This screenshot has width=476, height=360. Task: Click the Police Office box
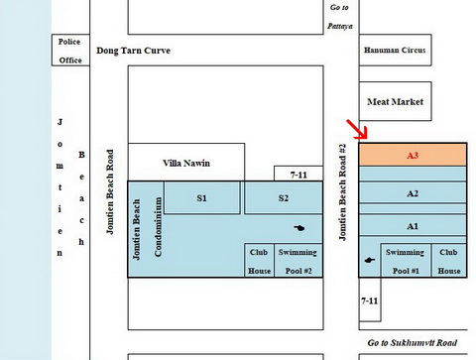tap(70, 50)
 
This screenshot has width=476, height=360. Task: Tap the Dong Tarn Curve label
tap(134, 51)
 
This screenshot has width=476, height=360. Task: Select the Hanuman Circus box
tap(396, 50)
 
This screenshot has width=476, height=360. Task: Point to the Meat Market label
tap(395, 101)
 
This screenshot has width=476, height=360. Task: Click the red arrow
tap(357, 129)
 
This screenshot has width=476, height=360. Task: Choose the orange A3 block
tap(413, 155)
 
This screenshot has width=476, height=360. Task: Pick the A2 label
tap(413, 193)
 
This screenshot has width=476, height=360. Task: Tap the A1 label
tap(413, 226)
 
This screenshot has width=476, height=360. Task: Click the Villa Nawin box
tap(186, 162)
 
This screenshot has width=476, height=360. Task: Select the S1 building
tap(202, 197)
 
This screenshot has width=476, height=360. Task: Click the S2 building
tap(284, 197)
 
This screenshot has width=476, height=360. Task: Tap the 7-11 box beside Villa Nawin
tap(298, 174)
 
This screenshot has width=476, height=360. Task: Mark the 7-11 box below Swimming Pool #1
tap(370, 300)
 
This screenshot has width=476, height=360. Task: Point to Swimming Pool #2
tap(298, 261)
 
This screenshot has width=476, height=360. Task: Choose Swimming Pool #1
tap(406, 261)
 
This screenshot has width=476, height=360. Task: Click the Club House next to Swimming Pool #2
tap(260, 261)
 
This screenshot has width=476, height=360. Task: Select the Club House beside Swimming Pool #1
tap(449, 261)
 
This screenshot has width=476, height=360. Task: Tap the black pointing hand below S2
tap(299, 228)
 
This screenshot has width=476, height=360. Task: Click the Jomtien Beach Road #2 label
tap(342, 192)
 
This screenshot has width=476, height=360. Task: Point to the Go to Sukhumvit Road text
tap(413, 343)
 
